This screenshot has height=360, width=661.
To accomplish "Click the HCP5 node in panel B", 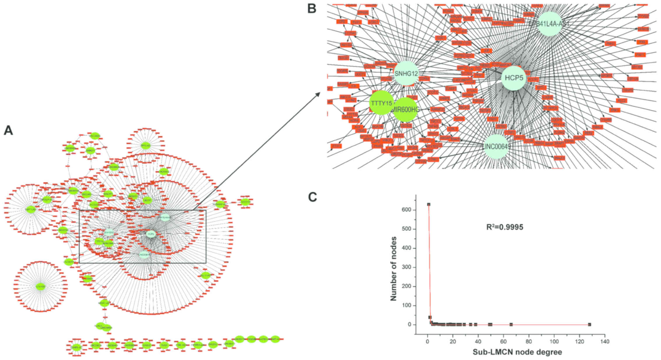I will [514, 78].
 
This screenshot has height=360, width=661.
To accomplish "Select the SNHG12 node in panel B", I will [406, 73].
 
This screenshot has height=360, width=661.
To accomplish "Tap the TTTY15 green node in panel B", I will [382, 103].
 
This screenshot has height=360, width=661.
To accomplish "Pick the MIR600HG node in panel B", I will [405, 110].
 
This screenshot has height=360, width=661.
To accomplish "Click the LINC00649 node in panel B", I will [496, 147].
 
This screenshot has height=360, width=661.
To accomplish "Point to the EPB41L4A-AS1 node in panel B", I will [549, 24].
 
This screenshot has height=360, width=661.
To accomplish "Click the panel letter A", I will [8, 131].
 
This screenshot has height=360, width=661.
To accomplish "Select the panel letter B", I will [312, 9].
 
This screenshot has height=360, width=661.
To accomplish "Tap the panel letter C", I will [312, 197].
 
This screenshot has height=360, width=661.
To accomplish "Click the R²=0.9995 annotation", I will [505, 227].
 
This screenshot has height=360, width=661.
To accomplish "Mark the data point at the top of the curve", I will [429, 204].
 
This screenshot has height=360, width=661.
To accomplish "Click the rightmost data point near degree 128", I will [589, 324].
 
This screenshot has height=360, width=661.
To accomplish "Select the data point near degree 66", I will [511, 324].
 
